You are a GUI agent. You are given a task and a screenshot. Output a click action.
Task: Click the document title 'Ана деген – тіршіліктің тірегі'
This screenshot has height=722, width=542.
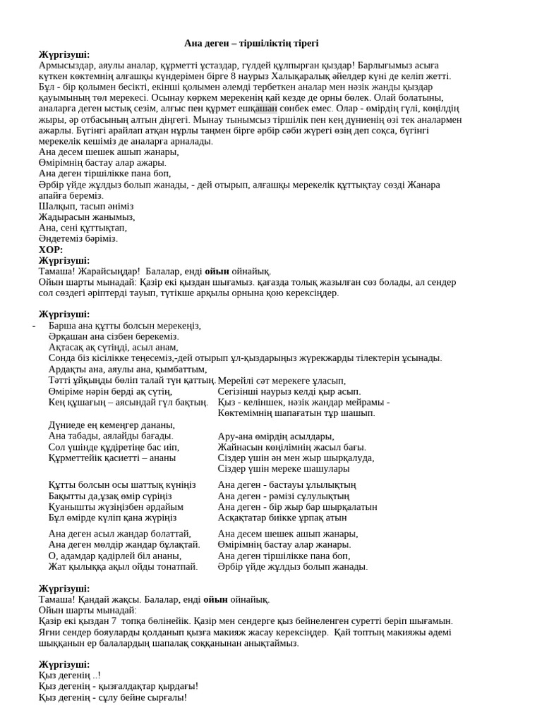pos(251,44)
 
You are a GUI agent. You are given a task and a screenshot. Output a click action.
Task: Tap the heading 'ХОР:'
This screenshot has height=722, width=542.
pos(51,250)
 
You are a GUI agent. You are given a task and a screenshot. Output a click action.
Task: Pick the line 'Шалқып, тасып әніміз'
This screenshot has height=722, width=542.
pos(86,207)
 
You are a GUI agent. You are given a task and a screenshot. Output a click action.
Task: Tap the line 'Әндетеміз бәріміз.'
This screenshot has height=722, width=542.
pos(78,239)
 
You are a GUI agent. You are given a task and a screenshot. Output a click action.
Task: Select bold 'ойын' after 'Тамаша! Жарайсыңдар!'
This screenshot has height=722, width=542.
pos(217,271)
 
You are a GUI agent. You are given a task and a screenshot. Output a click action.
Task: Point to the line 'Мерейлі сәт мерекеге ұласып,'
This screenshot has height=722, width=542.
pos(282,381)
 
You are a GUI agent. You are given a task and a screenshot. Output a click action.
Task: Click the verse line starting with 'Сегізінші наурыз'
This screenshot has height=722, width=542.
pos(289,391)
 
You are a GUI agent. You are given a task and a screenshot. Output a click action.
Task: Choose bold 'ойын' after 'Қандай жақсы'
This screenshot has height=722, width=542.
pos(215,600)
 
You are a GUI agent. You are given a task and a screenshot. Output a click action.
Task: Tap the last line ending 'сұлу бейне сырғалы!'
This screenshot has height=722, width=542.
pos(113,697)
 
